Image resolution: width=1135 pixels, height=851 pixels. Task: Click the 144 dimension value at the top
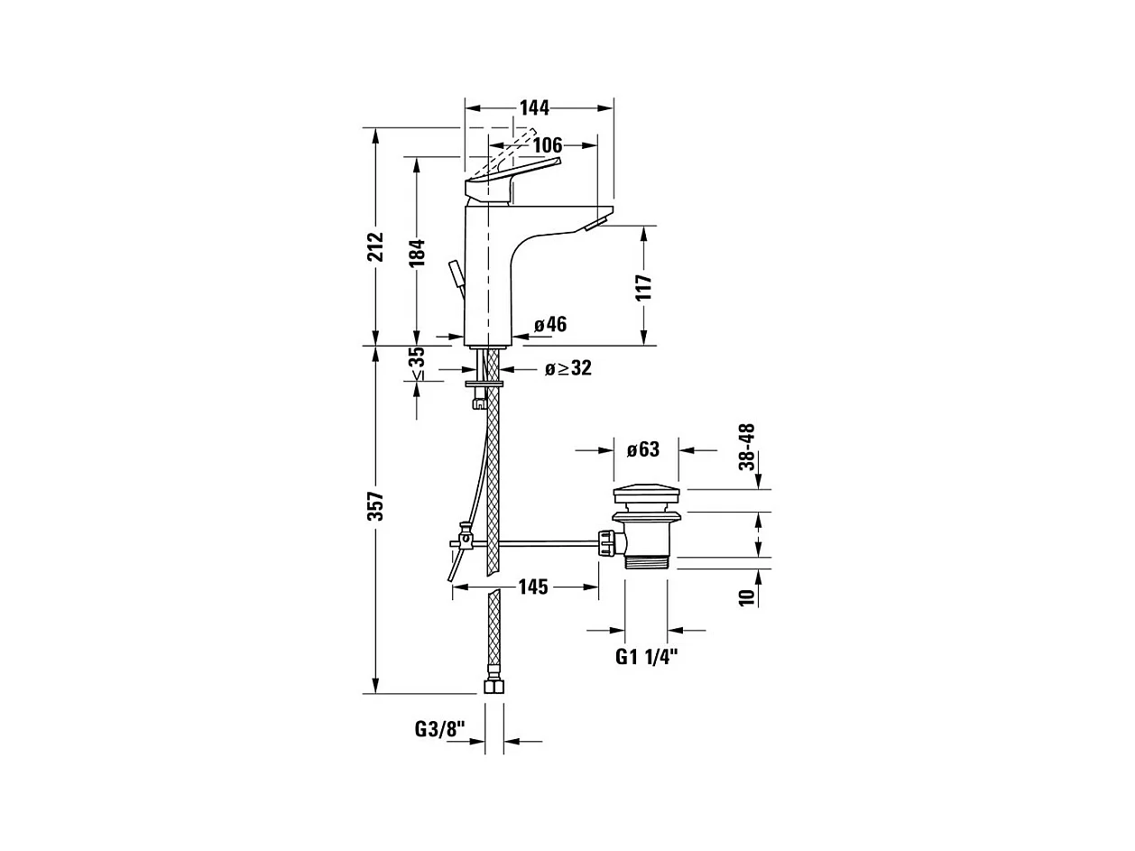pos(534,107)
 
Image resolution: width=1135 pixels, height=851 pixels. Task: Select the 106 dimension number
pos(547,145)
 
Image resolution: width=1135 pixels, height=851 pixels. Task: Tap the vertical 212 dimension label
pos(376,245)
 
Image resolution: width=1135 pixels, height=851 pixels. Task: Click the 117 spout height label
pos(643,287)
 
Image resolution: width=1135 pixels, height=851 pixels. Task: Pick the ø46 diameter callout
pos(549,325)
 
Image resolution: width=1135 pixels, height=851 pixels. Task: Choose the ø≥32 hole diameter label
pos(567,368)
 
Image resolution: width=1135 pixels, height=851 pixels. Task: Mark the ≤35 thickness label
pos(417,364)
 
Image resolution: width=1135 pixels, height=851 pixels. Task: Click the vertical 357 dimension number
pos(376,506)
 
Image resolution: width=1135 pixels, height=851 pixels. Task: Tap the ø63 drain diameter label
pos(642,449)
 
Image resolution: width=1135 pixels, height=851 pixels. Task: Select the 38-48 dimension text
pos(746,447)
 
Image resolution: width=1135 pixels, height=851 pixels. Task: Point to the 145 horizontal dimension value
pos(532,587)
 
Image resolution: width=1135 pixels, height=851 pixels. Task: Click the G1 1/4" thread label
pos(647,657)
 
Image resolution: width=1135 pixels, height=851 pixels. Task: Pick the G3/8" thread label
pos(439,728)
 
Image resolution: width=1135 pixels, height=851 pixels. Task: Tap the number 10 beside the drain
pos(746,597)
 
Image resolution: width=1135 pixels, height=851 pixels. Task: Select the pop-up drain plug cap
pos(647,495)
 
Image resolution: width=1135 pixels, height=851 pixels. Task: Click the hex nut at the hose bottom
pos(494,686)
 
